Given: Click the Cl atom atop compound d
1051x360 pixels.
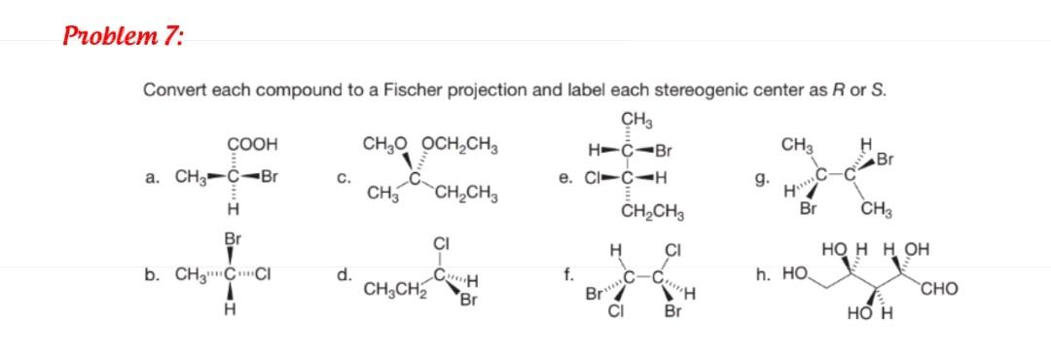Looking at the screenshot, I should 440,245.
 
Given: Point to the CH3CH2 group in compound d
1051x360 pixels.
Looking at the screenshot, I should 393,289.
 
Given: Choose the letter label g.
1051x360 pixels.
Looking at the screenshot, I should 758,179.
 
